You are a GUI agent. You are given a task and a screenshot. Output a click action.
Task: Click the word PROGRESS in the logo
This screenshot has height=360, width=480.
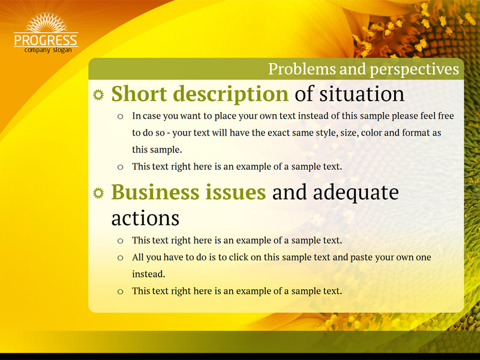click(x=46, y=40)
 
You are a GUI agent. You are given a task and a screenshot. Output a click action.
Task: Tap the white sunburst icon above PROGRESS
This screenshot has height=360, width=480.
click(x=46, y=22)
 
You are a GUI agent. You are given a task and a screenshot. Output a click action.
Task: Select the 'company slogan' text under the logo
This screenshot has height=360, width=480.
click(x=48, y=50)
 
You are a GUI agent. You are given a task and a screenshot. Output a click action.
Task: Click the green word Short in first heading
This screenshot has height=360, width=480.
click(x=139, y=94)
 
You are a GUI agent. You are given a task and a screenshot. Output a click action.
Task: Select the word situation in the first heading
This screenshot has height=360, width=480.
click(x=362, y=94)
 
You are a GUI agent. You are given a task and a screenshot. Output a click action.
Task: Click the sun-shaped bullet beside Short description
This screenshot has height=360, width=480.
click(x=98, y=95)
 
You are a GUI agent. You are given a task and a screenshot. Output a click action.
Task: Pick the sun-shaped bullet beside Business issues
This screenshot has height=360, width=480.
click(x=98, y=193)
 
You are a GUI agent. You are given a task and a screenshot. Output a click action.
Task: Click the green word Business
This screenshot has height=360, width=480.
click(x=155, y=192)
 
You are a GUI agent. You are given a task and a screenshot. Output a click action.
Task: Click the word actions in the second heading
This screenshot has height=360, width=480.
click(x=145, y=218)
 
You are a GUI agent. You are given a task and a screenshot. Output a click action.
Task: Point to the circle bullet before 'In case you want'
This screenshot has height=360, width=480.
click(x=121, y=116)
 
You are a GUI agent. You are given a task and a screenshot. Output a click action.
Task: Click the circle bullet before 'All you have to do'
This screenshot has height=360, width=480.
click(x=121, y=258)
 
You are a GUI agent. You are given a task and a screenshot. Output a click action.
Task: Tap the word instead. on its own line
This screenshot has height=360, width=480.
click(x=148, y=274)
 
